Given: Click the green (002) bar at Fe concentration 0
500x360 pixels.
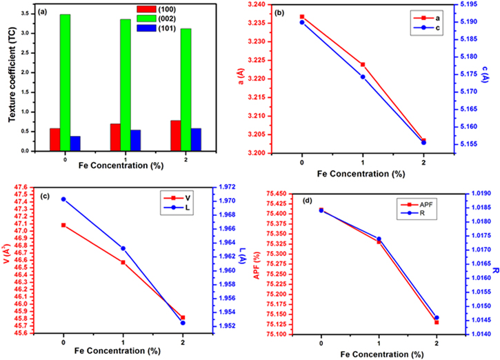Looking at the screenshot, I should tap(65, 82).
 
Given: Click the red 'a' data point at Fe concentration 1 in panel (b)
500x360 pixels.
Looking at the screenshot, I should tap(363, 64).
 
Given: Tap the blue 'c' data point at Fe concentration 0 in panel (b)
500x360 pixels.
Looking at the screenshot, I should tap(302, 22).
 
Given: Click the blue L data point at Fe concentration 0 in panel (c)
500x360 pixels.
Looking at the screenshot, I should tap(64, 199).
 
